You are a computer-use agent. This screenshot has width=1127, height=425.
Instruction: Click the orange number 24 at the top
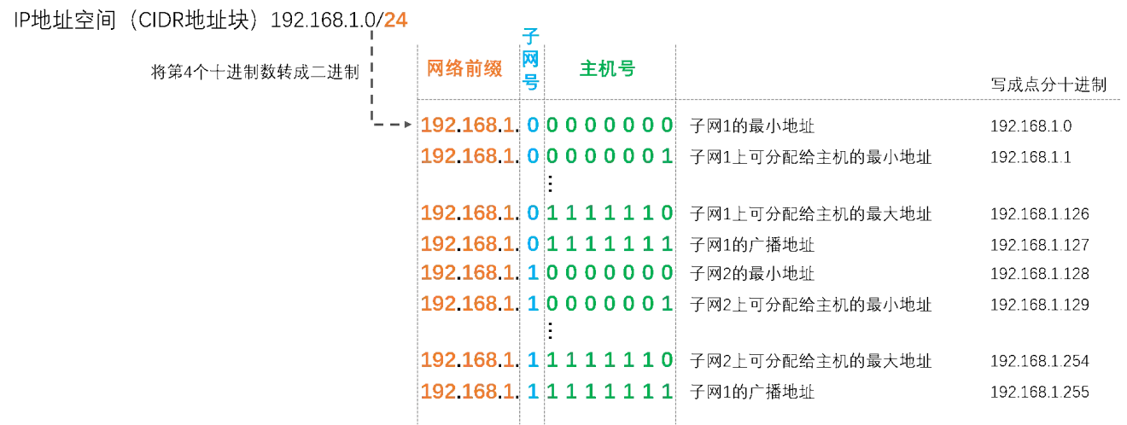pyautogui.click(x=394, y=19)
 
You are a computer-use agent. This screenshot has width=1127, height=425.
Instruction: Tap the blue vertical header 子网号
pyautogui.click(x=531, y=58)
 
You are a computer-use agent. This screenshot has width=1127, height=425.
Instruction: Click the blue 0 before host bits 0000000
pyautogui.click(x=532, y=125)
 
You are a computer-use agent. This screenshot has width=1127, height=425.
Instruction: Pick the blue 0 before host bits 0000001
pyautogui.click(x=532, y=155)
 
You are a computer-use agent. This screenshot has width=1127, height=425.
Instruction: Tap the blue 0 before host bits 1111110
pyautogui.click(x=532, y=212)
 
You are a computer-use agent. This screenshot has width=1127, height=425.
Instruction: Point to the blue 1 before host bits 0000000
pyautogui.click(x=532, y=272)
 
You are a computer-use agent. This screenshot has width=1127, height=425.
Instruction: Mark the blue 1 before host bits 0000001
pyautogui.click(x=532, y=303)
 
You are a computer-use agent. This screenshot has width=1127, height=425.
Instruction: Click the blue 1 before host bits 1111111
pyautogui.click(x=532, y=392)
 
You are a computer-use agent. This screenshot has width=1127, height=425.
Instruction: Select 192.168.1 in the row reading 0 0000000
pyautogui.click(x=469, y=125)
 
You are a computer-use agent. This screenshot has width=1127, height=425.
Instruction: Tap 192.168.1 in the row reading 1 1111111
pyautogui.click(x=469, y=392)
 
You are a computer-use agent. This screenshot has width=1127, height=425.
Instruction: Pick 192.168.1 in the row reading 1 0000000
pyautogui.click(x=469, y=272)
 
